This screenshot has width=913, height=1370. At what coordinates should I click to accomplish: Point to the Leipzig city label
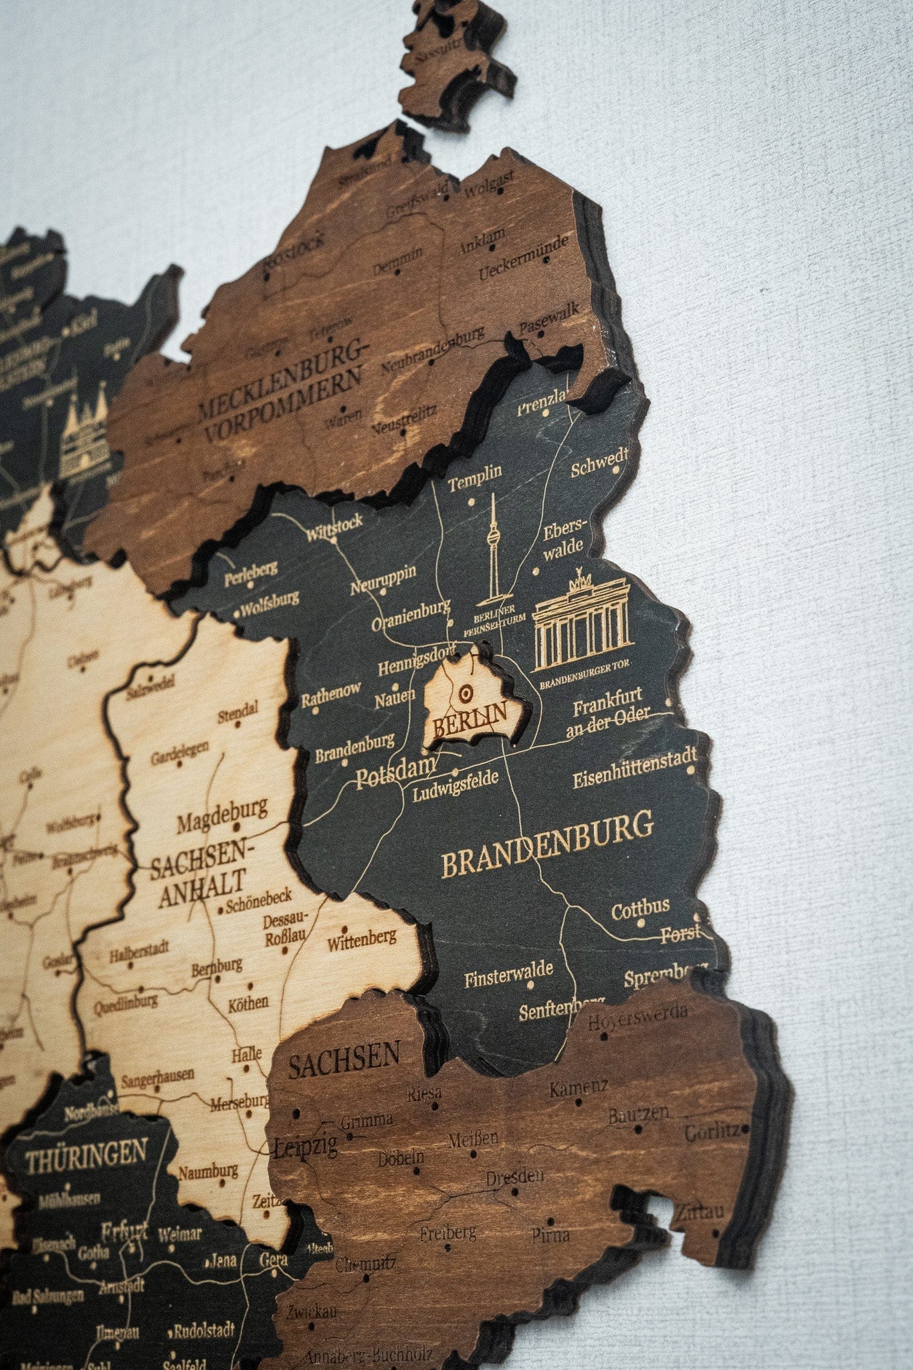[x=306, y=1148]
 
